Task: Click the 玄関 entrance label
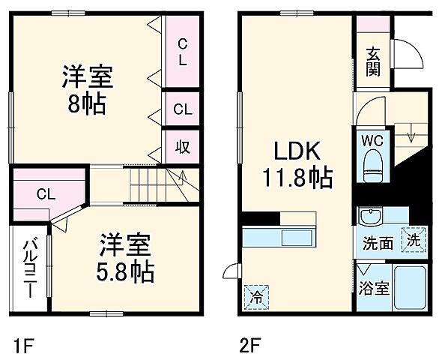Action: tap(372, 61)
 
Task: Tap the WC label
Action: tap(372, 140)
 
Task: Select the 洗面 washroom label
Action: tap(378, 242)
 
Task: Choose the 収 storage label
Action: tap(182, 145)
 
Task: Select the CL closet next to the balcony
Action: tap(46, 194)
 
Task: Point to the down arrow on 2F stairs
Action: tap(411, 136)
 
